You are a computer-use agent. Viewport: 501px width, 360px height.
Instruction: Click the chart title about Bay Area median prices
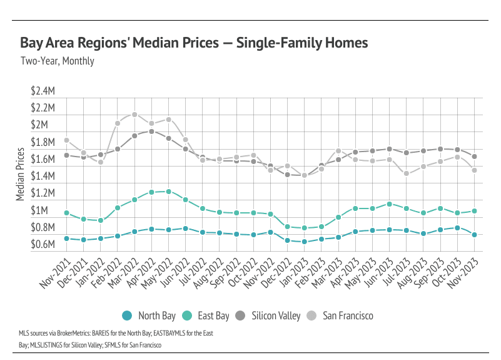[x=194, y=43]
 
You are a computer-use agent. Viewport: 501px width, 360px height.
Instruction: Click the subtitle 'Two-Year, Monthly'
[x=57, y=61]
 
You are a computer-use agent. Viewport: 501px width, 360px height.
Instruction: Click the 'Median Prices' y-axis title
[x=20, y=176]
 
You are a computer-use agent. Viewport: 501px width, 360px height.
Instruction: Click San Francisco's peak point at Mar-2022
[x=134, y=115]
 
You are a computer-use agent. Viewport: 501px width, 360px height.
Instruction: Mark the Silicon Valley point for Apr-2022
[x=151, y=131]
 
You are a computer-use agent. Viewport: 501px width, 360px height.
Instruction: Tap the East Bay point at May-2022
[x=168, y=192]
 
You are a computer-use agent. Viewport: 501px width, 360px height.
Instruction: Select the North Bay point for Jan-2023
[x=304, y=242]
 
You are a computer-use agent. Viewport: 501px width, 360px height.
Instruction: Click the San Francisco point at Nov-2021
[x=66, y=140]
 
